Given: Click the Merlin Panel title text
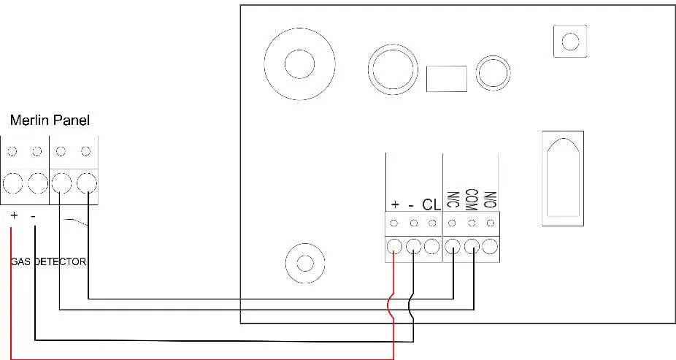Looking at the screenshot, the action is pyautogui.click(x=50, y=120).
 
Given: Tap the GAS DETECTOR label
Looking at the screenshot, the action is pyautogui.click(x=48, y=261).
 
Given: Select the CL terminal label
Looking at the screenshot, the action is pyautogui.click(x=431, y=204).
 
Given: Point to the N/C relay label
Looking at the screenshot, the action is pyautogui.click(x=453, y=200).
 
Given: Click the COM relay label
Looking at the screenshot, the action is pyautogui.click(x=472, y=199).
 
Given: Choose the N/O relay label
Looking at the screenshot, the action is pyautogui.click(x=491, y=200).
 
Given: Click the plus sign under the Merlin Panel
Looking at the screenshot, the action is pyautogui.click(x=14, y=215).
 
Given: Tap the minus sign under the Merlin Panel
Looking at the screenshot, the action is pyautogui.click(x=34, y=215).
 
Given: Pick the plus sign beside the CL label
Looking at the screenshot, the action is pyautogui.click(x=394, y=204).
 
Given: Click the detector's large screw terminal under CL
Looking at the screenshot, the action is pyautogui.click(x=431, y=247).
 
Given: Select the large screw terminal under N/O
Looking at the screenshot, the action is pyautogui.click(x=490, y=247).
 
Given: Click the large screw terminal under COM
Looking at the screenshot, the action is pyautogui.click(x=472, y=247).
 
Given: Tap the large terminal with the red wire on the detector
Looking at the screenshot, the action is pyautogui.click(x=394, y=247).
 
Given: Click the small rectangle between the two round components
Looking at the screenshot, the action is pyautogui.click(x=447, y=79).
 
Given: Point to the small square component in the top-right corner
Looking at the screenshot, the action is pyautogui.click(x=570, y=41).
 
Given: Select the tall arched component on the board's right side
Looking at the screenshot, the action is pyautogui.click(x=563, y=178).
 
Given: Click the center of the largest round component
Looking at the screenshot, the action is pyautogui.click(x=300, y=64).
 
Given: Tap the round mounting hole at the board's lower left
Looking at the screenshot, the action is pyautogui.click(x=305, y=263).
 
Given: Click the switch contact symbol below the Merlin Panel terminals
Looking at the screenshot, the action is pyautogui.click(x=76, y=222).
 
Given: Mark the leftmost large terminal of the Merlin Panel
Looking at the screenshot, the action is pyautogui.click(x=12, y=184).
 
